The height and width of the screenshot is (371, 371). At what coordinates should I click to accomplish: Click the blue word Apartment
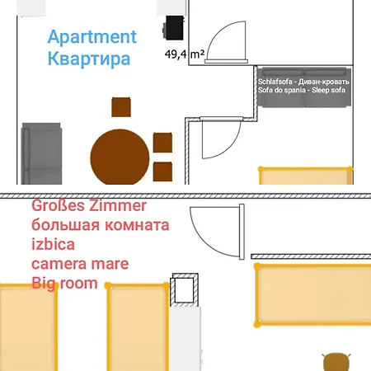pos(92,37)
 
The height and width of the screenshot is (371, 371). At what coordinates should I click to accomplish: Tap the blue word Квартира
pos(89,59)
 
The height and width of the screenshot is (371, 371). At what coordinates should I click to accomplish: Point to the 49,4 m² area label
pos(185,54)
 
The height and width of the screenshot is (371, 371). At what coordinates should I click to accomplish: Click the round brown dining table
pos(120,157)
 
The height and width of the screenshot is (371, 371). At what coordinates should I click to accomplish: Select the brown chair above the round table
pos(121,107)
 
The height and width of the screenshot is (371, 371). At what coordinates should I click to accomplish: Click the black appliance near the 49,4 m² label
pos(173,28)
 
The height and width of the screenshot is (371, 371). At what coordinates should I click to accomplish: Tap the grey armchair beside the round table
pos(41,153)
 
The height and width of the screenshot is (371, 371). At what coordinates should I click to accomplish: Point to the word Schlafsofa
pos(275,82)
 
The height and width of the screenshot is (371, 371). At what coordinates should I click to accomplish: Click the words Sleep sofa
pos(328,90)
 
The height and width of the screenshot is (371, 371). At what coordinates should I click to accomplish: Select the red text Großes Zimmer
pos(89,206)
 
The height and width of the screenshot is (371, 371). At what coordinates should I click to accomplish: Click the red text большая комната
pos(101,225)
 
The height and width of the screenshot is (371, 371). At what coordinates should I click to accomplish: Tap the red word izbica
pos(53,244)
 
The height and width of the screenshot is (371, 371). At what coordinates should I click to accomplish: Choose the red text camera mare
pos(80,264)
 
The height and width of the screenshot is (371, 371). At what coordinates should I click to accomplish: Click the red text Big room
pos(64,284)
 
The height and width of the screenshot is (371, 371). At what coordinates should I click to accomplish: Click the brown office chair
pos(336,362)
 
